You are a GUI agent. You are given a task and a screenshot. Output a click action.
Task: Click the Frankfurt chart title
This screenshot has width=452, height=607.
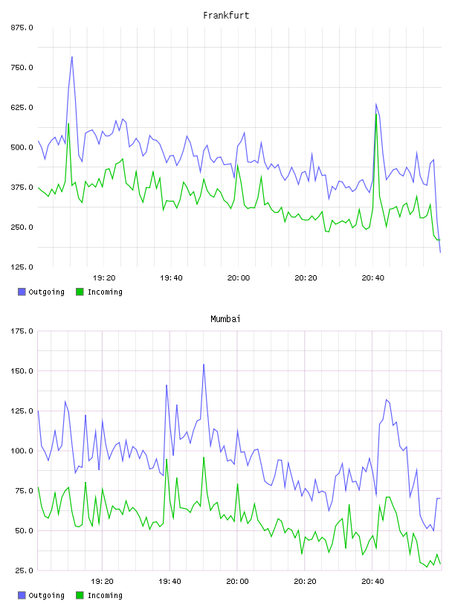coord(226,16)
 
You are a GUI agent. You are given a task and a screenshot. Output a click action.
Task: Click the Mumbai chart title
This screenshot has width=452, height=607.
coord(225,319)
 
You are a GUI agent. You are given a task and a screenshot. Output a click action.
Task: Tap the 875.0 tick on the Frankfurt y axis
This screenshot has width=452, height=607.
coord(22,28)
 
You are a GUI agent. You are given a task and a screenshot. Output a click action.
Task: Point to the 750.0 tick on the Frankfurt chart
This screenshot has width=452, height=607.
coord(22,68)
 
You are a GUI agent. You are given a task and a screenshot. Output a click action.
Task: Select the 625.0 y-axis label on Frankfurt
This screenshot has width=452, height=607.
coord(22,107)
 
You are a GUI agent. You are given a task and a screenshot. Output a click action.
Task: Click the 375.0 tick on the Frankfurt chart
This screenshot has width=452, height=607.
coord(22,187)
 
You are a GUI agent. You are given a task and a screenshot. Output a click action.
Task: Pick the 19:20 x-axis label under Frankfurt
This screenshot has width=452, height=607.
coord(104,278)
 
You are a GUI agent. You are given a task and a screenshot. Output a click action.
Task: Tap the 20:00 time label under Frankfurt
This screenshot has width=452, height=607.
coord(239,278)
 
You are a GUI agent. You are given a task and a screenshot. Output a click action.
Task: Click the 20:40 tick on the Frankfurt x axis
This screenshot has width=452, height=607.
coord(373,278)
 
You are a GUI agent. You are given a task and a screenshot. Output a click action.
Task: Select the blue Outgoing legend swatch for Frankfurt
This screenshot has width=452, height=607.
coord(22,292)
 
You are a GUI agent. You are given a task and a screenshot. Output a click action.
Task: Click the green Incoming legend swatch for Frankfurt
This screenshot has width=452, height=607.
coord(80,292)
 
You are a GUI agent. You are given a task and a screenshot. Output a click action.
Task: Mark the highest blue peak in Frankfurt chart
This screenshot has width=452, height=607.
coord(72,57)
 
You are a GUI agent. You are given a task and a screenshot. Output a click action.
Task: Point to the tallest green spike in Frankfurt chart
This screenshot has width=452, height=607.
coord(375,114)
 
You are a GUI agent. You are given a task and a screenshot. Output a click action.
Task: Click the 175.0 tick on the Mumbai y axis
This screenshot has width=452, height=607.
coord(22,331)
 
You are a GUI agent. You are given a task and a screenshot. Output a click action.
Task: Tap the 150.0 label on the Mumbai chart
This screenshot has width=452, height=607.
coord(22,371)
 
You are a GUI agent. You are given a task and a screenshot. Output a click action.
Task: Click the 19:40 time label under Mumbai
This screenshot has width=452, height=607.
coord(170,582)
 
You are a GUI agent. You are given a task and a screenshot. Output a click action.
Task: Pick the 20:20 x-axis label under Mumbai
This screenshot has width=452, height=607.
coord(305,582)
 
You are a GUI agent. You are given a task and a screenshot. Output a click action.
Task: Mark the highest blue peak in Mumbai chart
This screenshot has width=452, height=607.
coord(204,364)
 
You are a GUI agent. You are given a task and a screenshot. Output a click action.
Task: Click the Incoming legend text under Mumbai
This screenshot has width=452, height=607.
coord(105,595)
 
